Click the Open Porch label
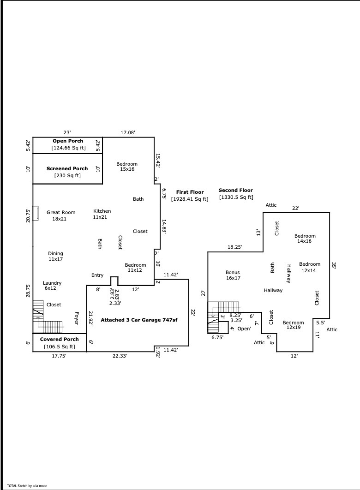pyautogui.click(x=68, y=141)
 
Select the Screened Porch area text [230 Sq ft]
pyautogui.click(x=67, y=175)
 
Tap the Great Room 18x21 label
pyautogui.click(x=60, y=215)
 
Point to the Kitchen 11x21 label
pyautogui.click(x=102, y=214)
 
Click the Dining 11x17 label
pyautogui.click(x=55, y=256)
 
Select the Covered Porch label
pyautogui.click(x=59, y=339)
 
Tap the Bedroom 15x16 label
pyautogui.click(x=126, y=167)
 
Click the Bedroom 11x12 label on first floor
pyautogui.click(x=135, y=268)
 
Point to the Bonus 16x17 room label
pyautogui.click(x=233, y=275)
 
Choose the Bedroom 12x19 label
pyautogui.click(x=293, y=325)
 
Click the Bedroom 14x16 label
pyautogui.click(x=305, y=239)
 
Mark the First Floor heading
pyautogui.click(x=190, y=191)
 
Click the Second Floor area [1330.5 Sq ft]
pyautogui.click(x=235, y=197)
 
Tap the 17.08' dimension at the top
pyautogui.click(x=128, y=133)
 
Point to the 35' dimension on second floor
pyautogui.click(x=334, y=265)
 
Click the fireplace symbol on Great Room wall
pyautogui.click(x=35, y=213)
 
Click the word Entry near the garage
pyautogui.click(x=97, y=275)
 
